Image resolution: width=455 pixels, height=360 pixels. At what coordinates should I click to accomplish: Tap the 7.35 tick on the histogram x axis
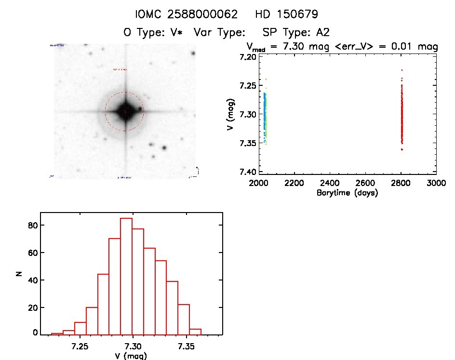point(186,347)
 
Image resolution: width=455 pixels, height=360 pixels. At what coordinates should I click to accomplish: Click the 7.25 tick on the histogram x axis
point(80,347)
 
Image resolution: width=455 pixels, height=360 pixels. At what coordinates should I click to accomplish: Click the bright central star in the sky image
point(125,111)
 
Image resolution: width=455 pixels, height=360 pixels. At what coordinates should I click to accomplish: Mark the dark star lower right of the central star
point(164,148)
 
